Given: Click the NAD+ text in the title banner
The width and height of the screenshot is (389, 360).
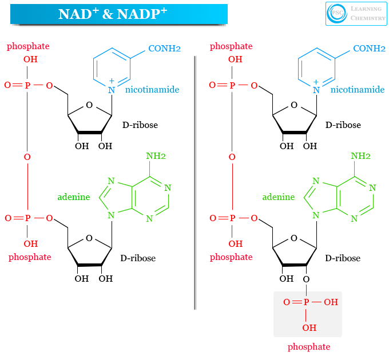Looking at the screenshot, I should point(78,14).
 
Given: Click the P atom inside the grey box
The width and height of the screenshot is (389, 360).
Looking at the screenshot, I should point(305,302).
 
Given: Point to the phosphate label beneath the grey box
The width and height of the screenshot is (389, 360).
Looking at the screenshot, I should point(309,346).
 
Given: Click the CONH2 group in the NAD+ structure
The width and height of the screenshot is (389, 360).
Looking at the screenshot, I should point(164,49).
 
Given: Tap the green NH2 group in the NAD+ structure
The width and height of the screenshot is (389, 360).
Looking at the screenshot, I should point(156,155).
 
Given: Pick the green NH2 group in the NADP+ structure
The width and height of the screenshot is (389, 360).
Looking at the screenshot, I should point(360,155).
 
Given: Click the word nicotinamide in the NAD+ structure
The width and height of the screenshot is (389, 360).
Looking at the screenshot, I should point(152,90).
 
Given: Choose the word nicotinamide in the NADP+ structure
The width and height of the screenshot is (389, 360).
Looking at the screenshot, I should point(357,90).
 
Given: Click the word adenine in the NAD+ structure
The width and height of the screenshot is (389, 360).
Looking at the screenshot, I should point(74,197).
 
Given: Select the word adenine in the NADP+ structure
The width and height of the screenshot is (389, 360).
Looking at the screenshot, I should point(279,197).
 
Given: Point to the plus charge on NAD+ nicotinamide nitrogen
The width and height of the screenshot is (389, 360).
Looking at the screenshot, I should point(112,82).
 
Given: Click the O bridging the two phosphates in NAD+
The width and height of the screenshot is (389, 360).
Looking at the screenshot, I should point(27,157).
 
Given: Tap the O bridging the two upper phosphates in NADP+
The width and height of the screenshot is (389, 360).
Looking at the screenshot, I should point(232,157).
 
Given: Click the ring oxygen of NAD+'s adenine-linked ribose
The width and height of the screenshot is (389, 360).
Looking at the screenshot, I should point(88,238).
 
